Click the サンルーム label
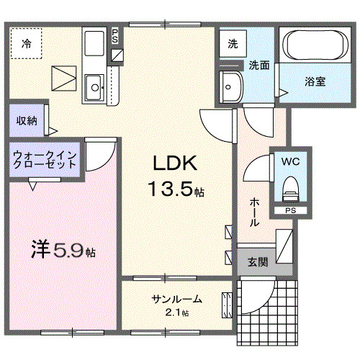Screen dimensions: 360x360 (176, 299)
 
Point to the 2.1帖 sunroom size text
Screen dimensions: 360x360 (176, 312)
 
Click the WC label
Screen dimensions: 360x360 (291, 161)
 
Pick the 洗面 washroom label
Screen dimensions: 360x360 (259, 65)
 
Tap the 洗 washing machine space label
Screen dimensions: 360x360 (233, 43)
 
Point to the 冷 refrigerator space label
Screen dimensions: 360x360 (26, 42)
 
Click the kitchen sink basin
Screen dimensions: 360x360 (95, 89)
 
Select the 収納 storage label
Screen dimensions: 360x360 (27, 120)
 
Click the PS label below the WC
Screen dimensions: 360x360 (289, 210)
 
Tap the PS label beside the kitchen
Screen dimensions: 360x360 (116, 36)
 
